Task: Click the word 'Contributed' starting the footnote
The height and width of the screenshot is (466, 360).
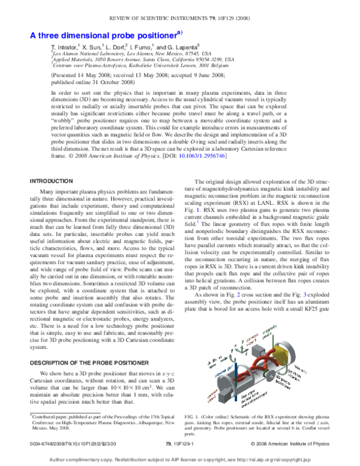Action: pyautogui.click(x=49, y=414)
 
